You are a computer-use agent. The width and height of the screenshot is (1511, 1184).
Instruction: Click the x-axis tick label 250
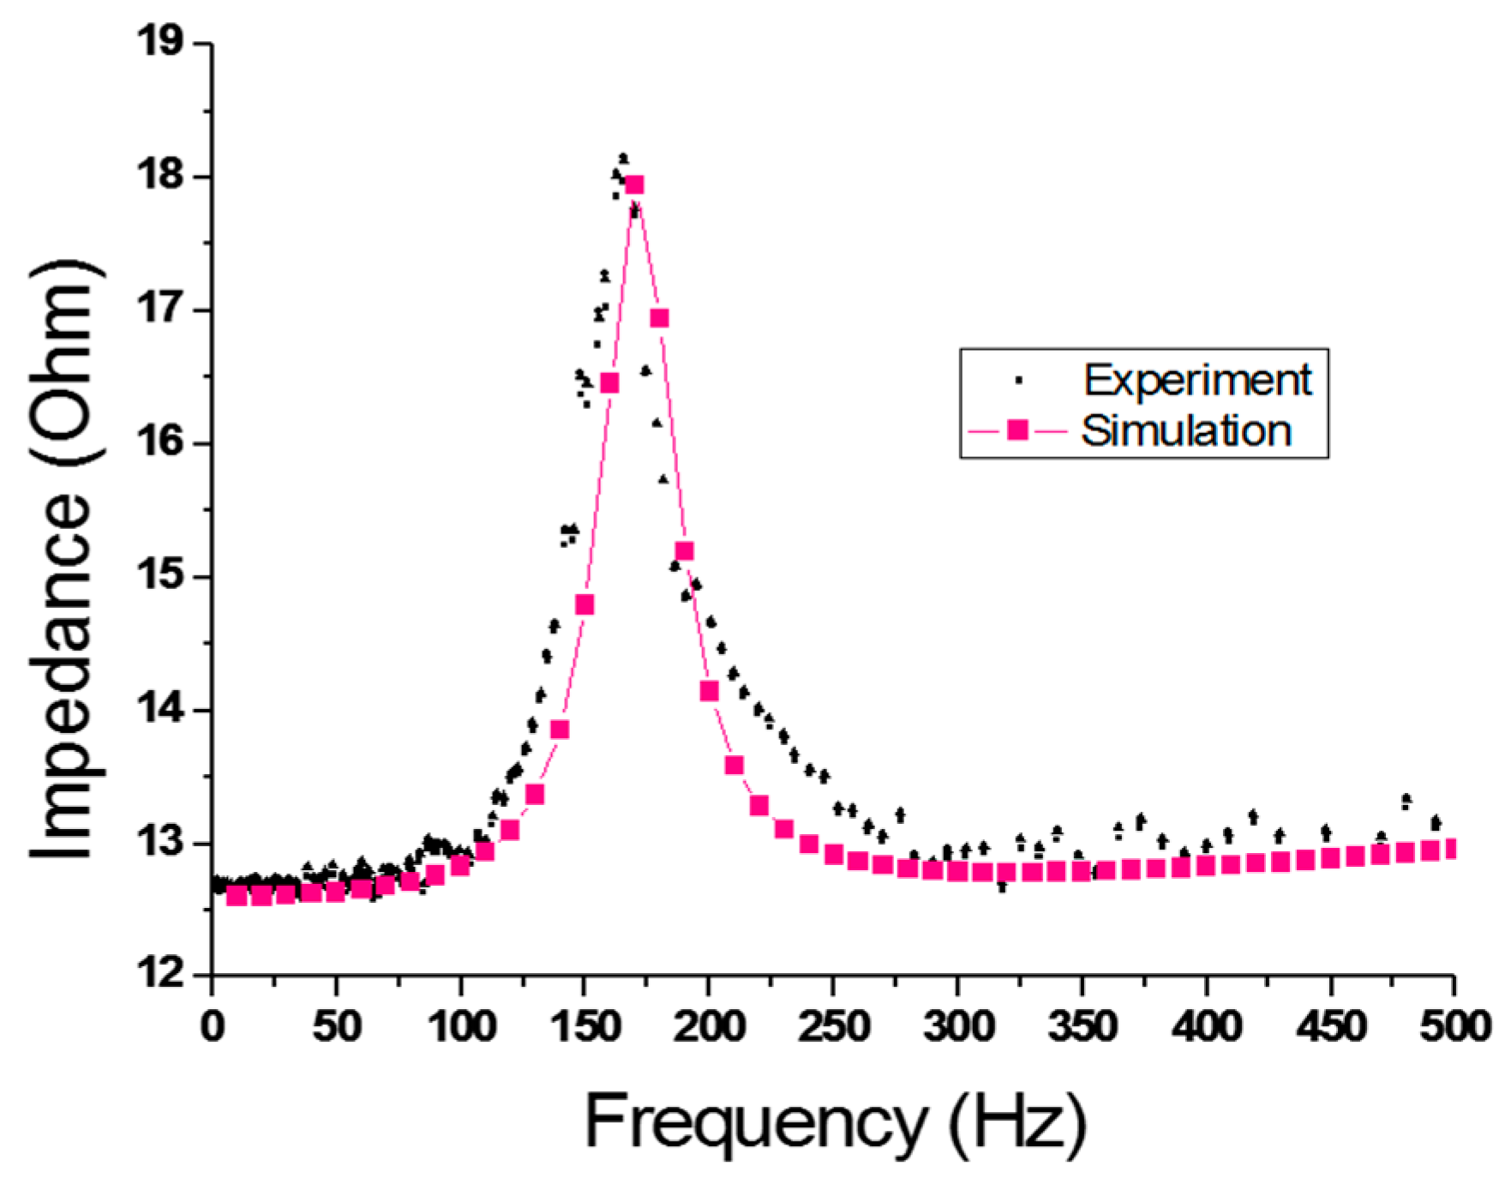pos(832,1026)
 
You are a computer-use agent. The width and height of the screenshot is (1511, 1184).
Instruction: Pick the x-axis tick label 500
pos(1454,1026)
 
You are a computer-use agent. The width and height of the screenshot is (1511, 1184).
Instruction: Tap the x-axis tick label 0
pos(212,1026)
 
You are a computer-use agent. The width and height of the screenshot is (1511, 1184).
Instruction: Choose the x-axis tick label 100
pos(461,1026)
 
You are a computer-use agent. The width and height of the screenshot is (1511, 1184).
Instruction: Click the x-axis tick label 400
pos(1206,1026)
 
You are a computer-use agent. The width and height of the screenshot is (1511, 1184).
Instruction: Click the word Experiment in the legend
pos(1196,380)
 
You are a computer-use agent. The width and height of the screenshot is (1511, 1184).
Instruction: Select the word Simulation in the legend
pos(1186,430)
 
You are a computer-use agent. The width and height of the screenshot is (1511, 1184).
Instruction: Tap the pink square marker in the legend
pos(1017,430)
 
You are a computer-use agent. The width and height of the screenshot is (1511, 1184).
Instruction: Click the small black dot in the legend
pos(1018,379)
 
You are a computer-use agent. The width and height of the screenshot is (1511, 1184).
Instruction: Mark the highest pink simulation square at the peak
pos(634,185)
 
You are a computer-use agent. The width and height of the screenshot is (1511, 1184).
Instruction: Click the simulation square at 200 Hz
pos(709,691)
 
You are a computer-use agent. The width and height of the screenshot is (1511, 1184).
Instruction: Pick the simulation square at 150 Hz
pos(585,605)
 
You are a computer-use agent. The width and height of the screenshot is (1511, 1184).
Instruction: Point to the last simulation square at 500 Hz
pos(1452,849)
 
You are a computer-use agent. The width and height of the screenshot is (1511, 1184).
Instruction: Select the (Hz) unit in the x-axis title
pos(1017,1122)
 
